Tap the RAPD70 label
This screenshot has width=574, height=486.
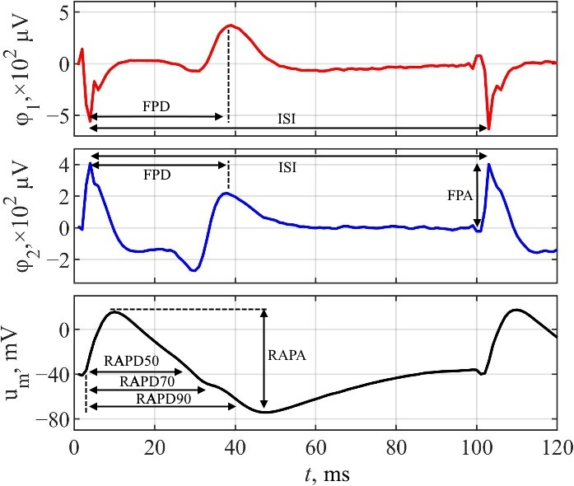146,381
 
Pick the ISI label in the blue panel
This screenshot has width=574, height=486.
287,167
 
